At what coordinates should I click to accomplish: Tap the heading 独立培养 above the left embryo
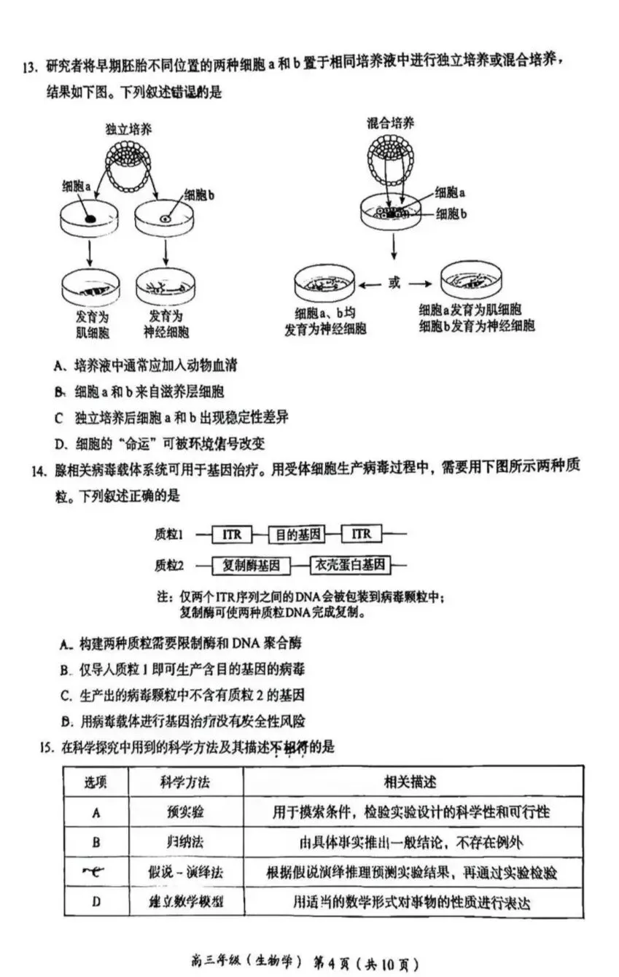(x=128, y=130)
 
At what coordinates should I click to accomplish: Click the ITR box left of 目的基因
(x=231, y=534)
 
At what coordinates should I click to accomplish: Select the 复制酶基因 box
(x=251, y=565)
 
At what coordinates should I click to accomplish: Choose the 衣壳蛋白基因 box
(x=350, y=565)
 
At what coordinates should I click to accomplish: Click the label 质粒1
(x=169, y=534)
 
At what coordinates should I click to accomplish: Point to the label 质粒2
(x=169, y=565)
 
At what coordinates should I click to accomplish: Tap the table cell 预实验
(x=185, y=812)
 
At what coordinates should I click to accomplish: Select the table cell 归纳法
(x=185, y=842)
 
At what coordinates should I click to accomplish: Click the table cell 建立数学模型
(x=185, y=902)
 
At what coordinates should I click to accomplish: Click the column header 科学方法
(x=185, y=782)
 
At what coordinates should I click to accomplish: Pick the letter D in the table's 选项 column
(x=96, y=902)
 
